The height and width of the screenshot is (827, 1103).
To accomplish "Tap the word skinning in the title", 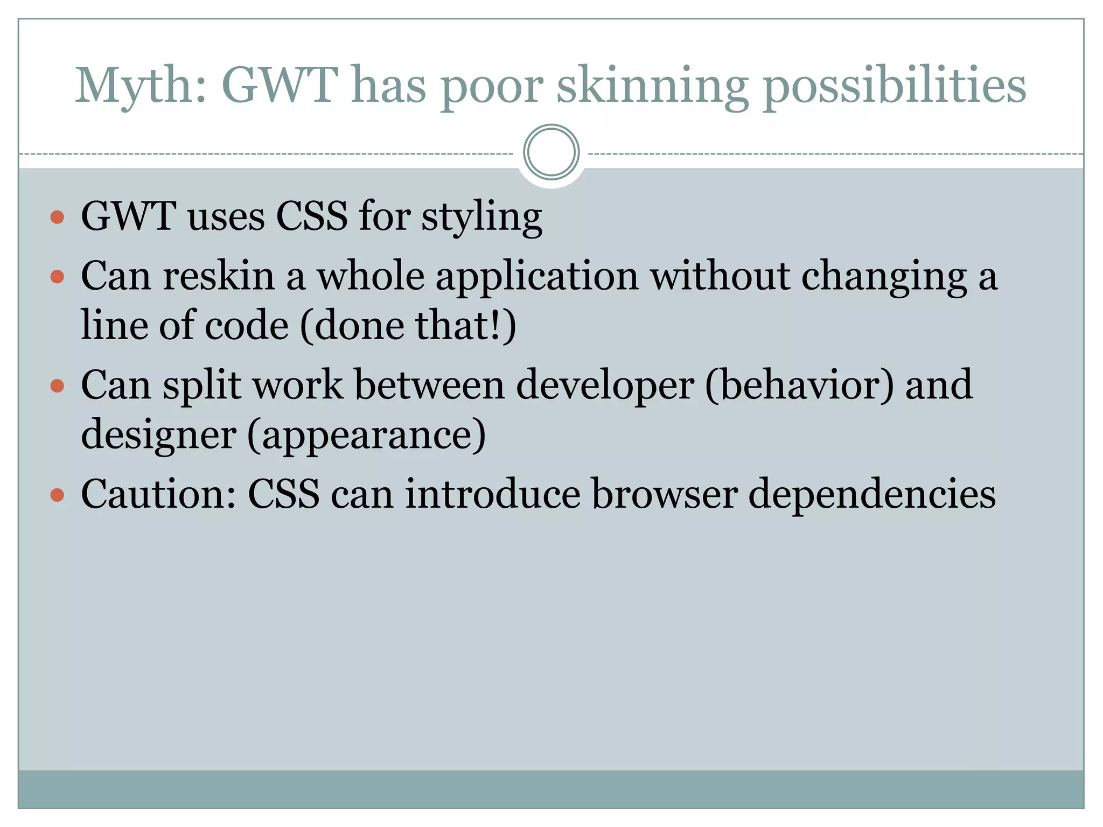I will point(652,86).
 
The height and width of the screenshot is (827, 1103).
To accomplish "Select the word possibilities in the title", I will point(894,86).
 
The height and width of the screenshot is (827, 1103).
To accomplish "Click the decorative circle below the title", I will point(551,152).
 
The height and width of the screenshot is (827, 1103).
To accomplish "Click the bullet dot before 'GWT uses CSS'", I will point(57,218).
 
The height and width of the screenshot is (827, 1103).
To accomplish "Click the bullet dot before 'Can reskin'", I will point(57,277).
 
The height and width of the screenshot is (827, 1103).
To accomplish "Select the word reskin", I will point(219,276).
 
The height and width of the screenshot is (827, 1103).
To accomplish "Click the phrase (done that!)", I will point(408,326).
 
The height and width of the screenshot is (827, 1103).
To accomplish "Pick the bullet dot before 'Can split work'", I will point(57,386).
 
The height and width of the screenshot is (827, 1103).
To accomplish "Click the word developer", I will point(605,386).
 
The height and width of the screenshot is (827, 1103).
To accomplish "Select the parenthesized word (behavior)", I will point(799,385).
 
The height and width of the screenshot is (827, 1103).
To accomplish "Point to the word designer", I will point(158,435).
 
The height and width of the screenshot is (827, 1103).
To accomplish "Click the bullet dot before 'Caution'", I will point(57,495).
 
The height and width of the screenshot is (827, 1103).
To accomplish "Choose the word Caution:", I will point(158,494).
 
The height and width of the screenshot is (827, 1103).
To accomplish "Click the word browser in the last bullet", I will point(665,494).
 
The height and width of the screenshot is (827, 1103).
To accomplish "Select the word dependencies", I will point(872,495).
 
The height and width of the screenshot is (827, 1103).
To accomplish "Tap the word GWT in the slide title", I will point(280,86).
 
